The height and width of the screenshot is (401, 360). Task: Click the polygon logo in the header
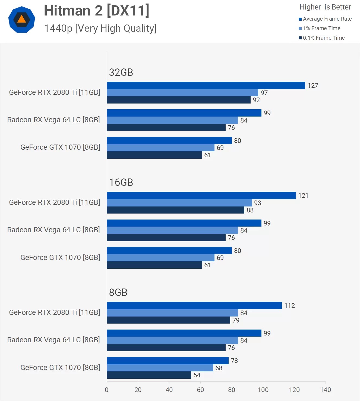point(22,20)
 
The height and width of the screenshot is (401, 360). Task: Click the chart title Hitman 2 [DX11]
point(97,11)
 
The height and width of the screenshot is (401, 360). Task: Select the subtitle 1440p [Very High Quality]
point(100,28)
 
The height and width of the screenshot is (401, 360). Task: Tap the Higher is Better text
point(325,7)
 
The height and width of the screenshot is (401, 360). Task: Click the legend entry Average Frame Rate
point(327,19)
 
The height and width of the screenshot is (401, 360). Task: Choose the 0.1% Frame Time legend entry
point(323,38)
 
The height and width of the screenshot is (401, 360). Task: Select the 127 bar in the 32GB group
point(206,85)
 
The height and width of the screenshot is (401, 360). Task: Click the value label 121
point(303,196)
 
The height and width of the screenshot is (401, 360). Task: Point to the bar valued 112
point(194,305)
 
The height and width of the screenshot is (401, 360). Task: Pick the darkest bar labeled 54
point(149,375)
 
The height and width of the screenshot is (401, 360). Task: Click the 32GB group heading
point(121,72)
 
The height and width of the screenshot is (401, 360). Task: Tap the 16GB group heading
point(121,182)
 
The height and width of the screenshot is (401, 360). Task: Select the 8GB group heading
point(118,292)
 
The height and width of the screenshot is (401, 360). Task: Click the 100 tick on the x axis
point(263,390)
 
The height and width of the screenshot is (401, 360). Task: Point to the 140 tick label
point(325,390)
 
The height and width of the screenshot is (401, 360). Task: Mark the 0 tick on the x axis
point(107,390)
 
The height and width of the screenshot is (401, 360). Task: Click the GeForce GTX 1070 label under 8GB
point(60,368)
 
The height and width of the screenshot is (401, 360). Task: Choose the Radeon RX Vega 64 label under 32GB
point(53,120)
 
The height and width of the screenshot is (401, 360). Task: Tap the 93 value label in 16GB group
point(257,203)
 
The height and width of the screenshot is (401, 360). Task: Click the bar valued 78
point(168,361)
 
